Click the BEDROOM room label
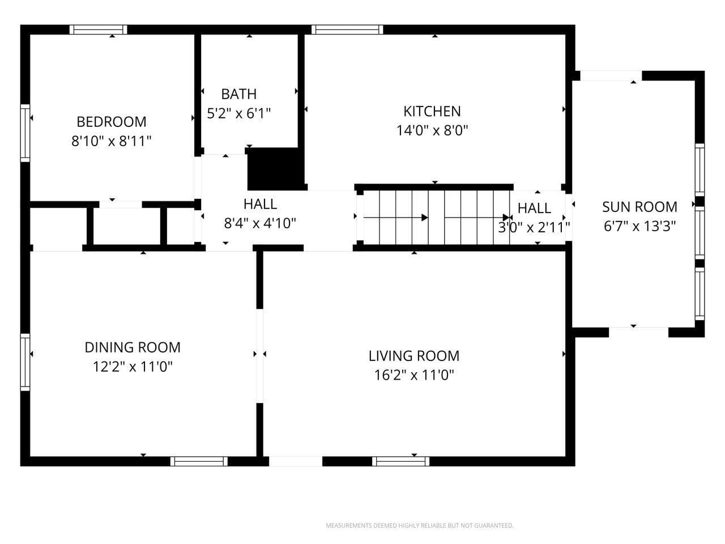[112, 122]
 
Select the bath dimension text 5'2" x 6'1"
[238, 113]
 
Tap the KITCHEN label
[432, 111]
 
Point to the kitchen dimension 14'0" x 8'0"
[432, 130]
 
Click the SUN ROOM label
[639, 207]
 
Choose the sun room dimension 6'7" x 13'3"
[639, 226]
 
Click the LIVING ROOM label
[414, 356]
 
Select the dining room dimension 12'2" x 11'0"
[133, 367]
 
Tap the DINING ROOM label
[133, 347]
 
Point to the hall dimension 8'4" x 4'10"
[260, 223]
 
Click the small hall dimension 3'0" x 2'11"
[534, 228]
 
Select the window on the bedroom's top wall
[98, 29]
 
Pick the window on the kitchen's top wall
[347, 29]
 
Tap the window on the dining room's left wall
[25, 362]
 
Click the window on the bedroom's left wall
[25, 133]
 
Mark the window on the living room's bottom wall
[400, 461]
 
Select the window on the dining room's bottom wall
[199, 461]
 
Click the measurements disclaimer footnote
[419, 526]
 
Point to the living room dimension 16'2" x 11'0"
[414, 375]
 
